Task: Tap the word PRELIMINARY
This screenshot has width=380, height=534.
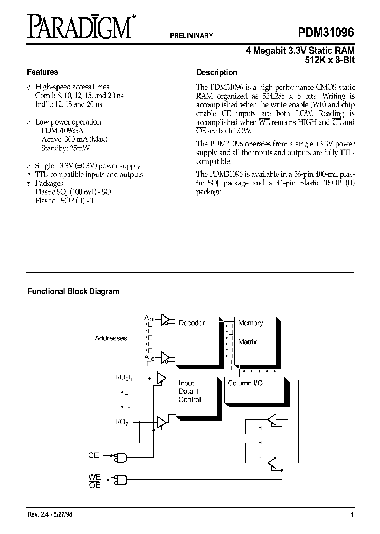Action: tap(191, 36)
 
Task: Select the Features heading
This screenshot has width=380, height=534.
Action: tap(42, 72)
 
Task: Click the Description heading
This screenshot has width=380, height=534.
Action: tap(216, 73)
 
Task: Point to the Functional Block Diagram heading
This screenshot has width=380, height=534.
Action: tap(73, 291)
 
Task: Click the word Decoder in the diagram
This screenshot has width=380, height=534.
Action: tap(192, 322)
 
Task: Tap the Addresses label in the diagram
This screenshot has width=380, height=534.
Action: tap(111, 338)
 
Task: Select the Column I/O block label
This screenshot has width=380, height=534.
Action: tap(245, 383)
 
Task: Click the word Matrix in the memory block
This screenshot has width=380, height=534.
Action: tap(248, 342)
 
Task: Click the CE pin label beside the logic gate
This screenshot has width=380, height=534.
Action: tap(93, 455)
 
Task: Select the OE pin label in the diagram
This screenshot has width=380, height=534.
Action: tap(94, 485)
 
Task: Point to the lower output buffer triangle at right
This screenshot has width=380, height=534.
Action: tap(271, 463)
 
